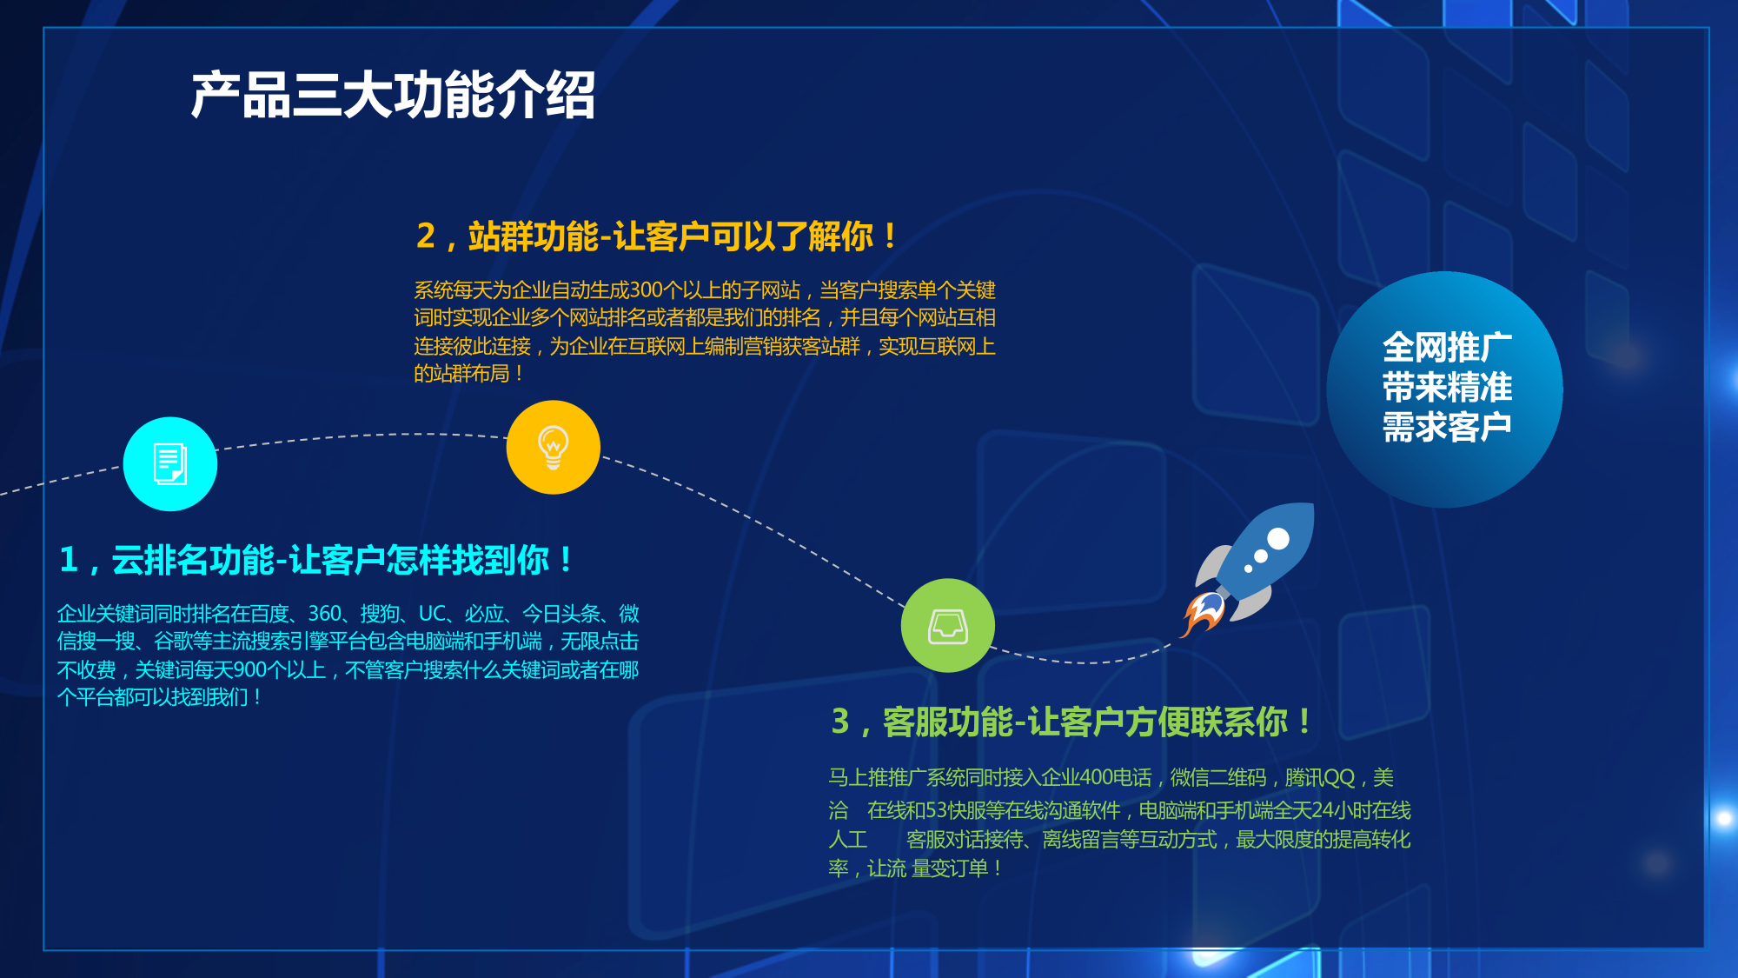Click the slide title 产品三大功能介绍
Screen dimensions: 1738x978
393,95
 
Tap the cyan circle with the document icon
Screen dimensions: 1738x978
170,464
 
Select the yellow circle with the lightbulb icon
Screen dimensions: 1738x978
554,448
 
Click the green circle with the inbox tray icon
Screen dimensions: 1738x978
948,626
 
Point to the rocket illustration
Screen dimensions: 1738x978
1248,569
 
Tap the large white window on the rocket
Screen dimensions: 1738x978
1278,539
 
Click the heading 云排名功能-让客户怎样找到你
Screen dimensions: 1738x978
330,560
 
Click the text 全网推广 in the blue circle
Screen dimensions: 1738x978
1447,348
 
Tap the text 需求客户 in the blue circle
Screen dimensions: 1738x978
1447,427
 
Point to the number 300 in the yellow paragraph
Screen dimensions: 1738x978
647,289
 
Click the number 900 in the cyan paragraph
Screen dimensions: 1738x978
250,669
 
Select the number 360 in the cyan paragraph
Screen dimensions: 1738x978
325,614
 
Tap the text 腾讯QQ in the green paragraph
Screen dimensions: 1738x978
1320,777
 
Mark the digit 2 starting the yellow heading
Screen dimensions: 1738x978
426,236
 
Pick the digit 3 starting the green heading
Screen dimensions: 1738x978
840,722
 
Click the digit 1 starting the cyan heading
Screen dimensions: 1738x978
70,560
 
